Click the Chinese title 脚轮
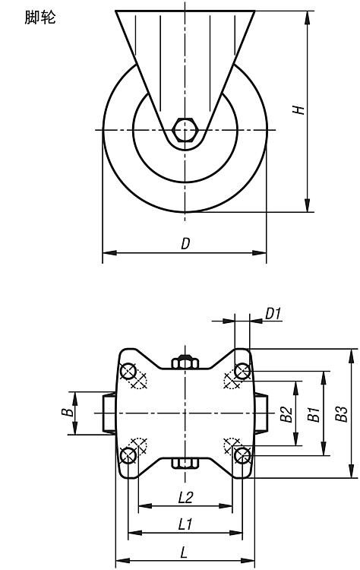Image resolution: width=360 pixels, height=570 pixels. pyautogui.click(x=40, y=17)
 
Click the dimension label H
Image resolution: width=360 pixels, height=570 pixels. pyautogui.click(x=298, y=109)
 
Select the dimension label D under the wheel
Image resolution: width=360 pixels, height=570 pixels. pyautogui.click(x=185, y=243)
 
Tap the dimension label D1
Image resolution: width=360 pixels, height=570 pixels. pyautogui.click(x=273, y=313)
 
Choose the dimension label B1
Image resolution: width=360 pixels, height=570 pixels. pyautogui.click(x=314, y=414)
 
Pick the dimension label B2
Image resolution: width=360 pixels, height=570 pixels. pyautogui.click(x=286, y=414)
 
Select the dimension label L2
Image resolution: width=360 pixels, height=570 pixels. pyautogui.click(x=185, y=497)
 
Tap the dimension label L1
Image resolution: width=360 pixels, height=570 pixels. pyautogui.click(x=185, y=524)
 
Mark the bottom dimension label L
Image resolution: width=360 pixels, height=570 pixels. pyautogui.click(x=185, y=553)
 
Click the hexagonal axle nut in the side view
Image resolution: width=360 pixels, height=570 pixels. pyautogui.click(x=185, y=129)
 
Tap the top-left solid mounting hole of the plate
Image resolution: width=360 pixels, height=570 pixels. pyautogui.click(x=128, y=372)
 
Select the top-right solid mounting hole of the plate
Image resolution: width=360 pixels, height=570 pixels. pyautogui.click(x=242, y=372)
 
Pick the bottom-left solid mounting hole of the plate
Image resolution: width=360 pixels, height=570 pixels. pyautogui.click(x=128, y=455)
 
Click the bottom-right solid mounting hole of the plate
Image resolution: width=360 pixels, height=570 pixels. pyautogui.click(x=242, y=455)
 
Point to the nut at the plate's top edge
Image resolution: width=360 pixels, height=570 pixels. pyautogui.click(x=185, y=362)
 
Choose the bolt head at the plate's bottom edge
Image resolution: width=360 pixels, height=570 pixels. pyautogui.click(x=185, y=463)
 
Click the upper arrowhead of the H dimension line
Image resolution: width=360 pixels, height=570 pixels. pyautogui.click(x=308, y=17)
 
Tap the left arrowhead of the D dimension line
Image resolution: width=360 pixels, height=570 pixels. pyautogui.click(x=109, y=252)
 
